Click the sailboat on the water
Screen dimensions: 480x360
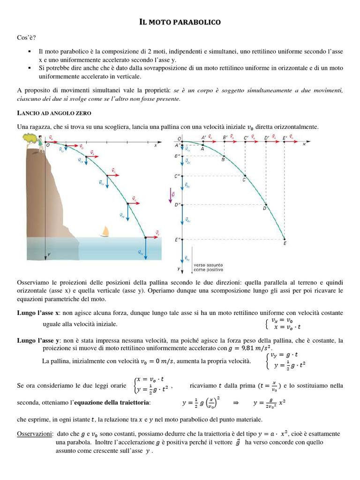tap(106, 232)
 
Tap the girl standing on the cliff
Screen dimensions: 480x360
tap(42, 140)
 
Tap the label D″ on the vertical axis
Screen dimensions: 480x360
tap(177, 204)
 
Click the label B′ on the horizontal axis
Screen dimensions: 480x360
tap(226, 137)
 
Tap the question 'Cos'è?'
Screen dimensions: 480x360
tap(26, 37)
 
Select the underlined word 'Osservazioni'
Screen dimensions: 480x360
tap(34, 434)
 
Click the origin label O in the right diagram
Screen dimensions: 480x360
tap(178, 138)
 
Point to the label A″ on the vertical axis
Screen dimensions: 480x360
tap(177, 145)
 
